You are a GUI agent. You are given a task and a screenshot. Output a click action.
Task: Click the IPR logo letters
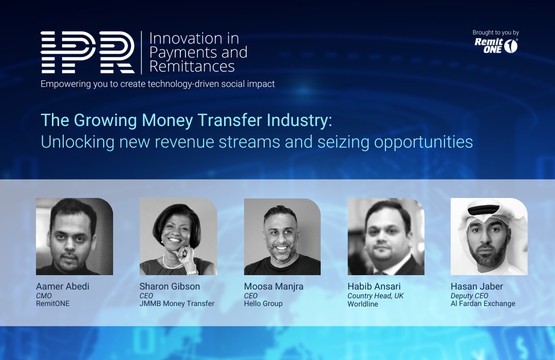point(87,52)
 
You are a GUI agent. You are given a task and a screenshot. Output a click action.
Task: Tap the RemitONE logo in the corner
point(496,46)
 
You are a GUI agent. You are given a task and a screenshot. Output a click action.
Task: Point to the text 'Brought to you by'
point(495,33)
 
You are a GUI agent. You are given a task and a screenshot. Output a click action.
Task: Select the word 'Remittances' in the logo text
point(192,66)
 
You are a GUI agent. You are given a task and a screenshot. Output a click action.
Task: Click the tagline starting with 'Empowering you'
point(158,84)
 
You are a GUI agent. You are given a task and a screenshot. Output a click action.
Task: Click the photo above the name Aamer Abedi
point(75,237)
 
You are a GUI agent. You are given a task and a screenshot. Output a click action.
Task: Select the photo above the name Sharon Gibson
point(178,237)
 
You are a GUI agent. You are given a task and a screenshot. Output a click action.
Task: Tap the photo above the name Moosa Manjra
point(282,237)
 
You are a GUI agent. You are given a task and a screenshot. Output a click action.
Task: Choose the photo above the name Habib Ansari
point(386,237)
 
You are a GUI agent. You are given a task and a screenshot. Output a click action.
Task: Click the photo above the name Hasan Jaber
point(489,237)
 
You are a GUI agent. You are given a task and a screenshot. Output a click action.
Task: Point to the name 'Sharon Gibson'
point(170,286)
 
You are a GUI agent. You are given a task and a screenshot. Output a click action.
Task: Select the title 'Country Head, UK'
point(376,296)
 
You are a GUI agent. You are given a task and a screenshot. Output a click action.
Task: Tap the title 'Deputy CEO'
point(470,296)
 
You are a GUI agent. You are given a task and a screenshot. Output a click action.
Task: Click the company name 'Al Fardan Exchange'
point(483,303)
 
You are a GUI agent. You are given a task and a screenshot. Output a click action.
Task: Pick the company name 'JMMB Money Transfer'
point(177,303)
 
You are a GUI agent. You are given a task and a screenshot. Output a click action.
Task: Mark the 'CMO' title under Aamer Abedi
point(44,296)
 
